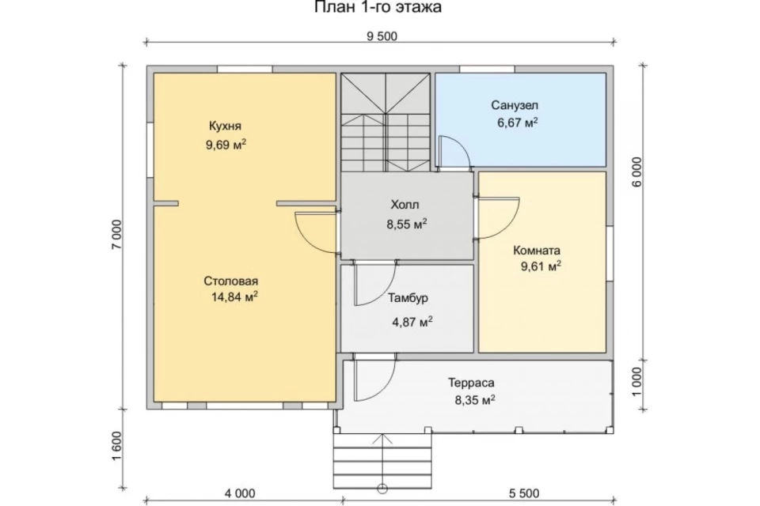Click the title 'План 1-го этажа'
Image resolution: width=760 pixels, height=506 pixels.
[x=378, y=7]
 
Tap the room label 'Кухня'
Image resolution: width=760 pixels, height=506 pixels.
[x=225, y=126]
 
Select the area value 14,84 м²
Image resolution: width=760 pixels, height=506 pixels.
[x=234, y=296]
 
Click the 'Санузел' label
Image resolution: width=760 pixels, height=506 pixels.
[x=515, y=105]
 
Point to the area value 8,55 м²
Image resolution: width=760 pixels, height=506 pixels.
[x=407, y=225]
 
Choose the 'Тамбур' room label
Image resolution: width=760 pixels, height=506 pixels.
[x=408, y=298]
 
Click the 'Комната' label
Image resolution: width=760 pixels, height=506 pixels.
[x=537, y=251]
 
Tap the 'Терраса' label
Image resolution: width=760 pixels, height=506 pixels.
[x=471, y=383]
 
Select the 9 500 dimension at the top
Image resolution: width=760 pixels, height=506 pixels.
[x=382, y=36]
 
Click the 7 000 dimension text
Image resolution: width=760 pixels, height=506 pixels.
[x=117, y=235]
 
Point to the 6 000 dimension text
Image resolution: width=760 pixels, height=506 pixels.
[x=636, y=172]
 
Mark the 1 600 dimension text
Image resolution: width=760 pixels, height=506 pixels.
[x=117, y=446]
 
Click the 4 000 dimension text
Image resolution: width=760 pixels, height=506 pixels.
[x=239, y=493]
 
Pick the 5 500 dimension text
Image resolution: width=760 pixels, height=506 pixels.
[x=524, y=493]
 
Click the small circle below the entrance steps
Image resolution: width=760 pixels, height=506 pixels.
[x=382, y=489]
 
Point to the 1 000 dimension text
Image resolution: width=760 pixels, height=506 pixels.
[x=636, y=382]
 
